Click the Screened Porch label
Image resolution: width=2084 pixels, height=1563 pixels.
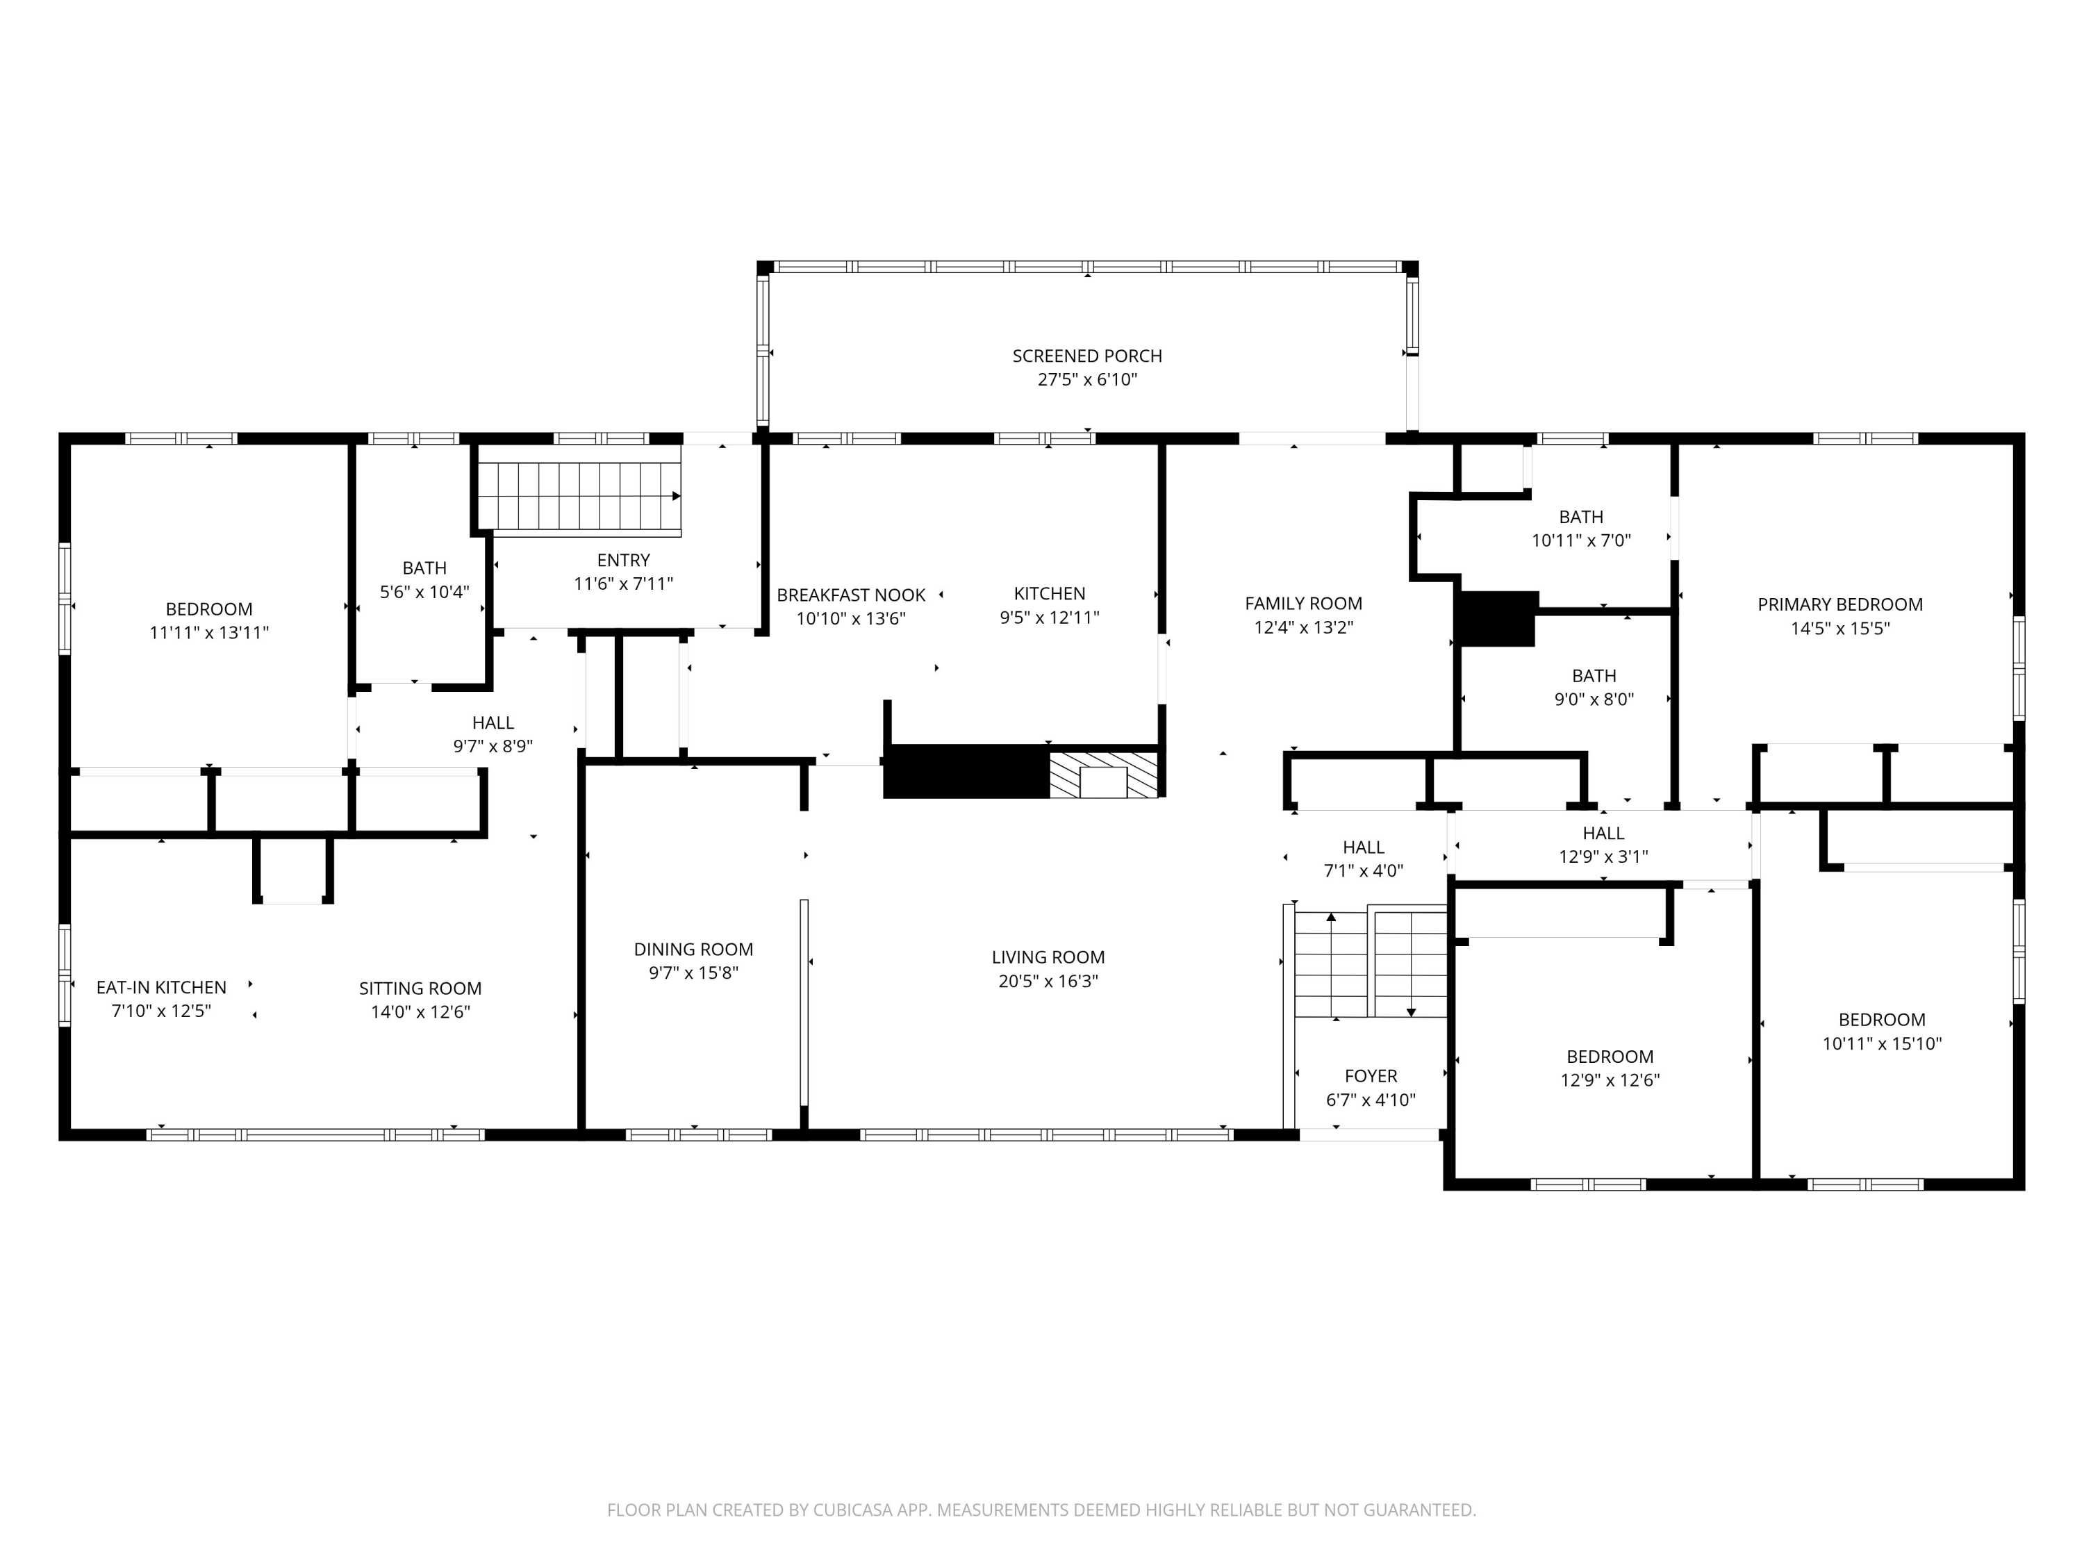click(x=1086, y=356)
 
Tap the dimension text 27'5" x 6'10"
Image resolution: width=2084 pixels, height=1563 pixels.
click(x=1086, y=380)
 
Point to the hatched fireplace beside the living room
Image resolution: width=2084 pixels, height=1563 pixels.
click(x=1103, y=775)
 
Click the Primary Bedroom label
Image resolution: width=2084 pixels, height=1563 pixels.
click(x=1839, y=605)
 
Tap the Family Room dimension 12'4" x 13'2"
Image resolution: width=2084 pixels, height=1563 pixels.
click(x=1303, y=627)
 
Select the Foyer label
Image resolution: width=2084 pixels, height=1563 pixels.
click(x=1370, y=1076)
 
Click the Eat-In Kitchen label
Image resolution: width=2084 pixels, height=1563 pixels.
click(x=161, y=987)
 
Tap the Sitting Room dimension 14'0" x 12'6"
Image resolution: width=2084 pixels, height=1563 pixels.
click(x=420, y=1012)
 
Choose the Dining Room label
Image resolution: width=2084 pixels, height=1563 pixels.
click(x=693, y=950)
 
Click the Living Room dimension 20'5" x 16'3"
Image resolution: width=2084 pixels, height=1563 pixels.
click(x=1048, y=981)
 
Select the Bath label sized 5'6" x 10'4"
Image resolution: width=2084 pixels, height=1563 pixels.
click(x=424, y=568)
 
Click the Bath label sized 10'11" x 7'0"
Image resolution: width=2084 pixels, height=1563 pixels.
click(x=1580, y=518)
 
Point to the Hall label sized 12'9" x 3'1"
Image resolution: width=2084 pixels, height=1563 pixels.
click(x=1603, y=833)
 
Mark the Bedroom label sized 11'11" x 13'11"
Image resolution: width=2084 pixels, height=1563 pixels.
click(x=208, y=609)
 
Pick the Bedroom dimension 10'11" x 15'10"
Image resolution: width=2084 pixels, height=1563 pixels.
click(x=1880, y=1044)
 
